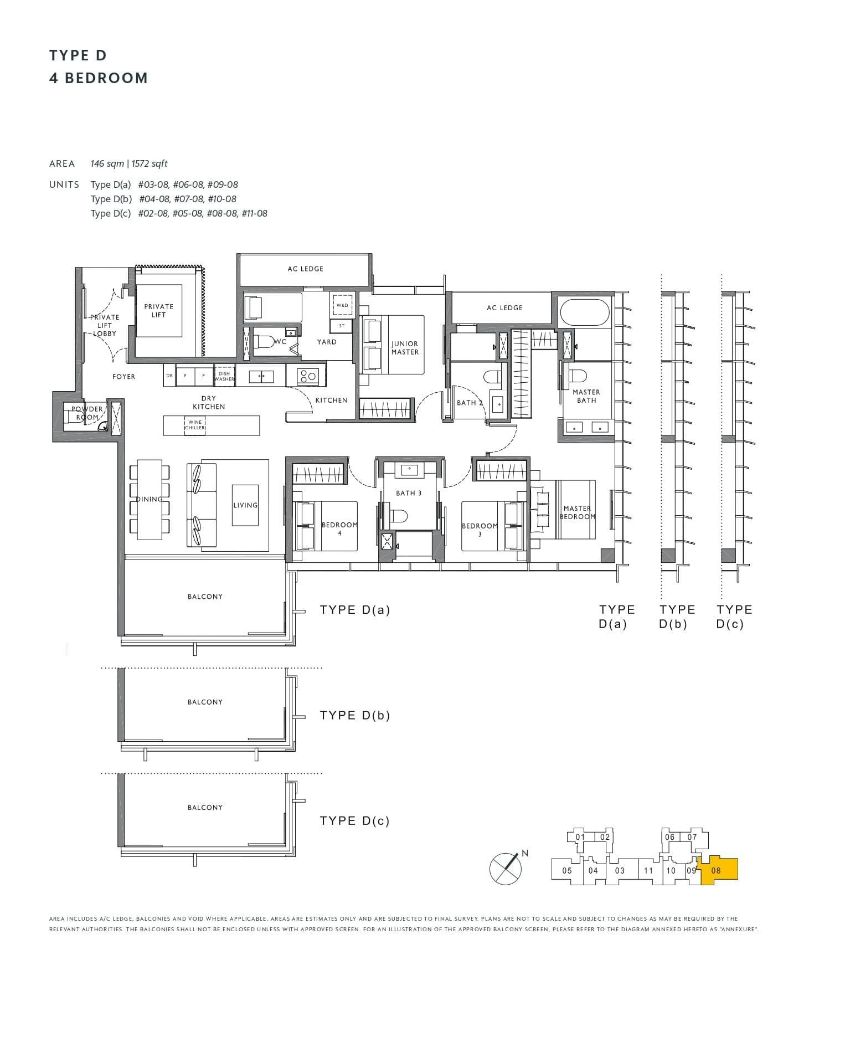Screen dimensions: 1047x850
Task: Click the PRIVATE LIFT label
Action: click(x=158, y=311)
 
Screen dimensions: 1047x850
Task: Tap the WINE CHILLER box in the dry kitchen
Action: click(x=195, y=425)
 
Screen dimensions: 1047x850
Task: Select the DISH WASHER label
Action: click(x=224, y=376)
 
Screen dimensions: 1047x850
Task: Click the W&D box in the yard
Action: click(x=342, y=305)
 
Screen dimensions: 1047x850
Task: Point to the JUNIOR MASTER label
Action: click(x=405, y=348)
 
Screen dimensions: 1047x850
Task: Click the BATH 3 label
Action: click(x=409, y=493)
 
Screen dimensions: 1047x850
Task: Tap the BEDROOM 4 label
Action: click(x=339, y=528)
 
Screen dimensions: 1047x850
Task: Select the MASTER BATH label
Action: click(x=586, y=396)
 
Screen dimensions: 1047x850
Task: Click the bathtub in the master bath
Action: click(x=585, y=312)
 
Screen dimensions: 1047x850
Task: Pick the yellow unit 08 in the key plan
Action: click(x=718, y=870)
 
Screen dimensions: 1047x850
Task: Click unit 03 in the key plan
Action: click(x=620, y=870)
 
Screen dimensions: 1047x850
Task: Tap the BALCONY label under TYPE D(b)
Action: click(x=205, y=702)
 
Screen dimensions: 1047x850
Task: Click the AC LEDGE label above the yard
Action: click(x=305, y=269)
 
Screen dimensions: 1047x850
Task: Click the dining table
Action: click(x=150, y=499)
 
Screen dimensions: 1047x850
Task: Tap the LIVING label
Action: click(x=245, y=505)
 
